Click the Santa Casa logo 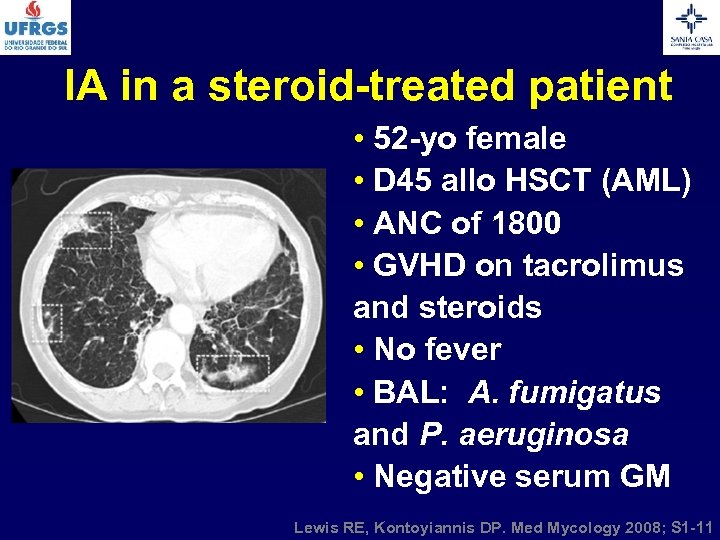pos(691,27)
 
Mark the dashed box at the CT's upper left pos(85,231)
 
